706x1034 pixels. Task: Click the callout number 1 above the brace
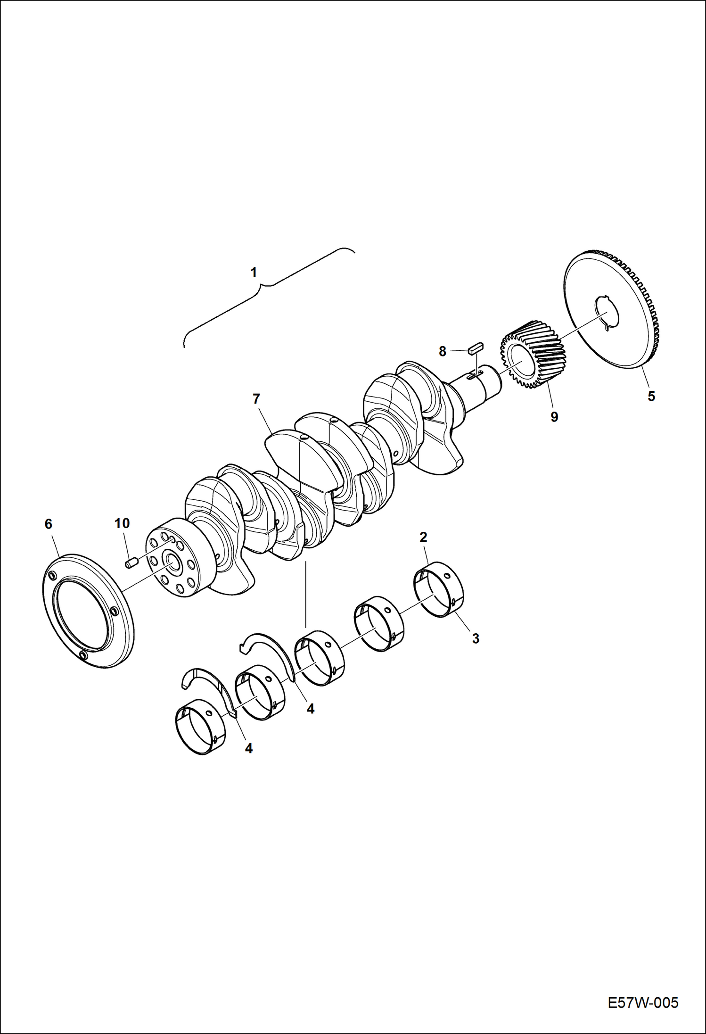254,273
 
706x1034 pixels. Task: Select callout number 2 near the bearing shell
423,537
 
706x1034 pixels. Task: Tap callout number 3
476,638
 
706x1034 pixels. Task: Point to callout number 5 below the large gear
651,396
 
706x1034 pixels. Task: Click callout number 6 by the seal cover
48,524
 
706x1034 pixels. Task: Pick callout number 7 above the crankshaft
256,399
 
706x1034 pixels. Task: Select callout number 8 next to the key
442,351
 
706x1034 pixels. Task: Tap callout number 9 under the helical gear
554,417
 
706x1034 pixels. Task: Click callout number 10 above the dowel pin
122,523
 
